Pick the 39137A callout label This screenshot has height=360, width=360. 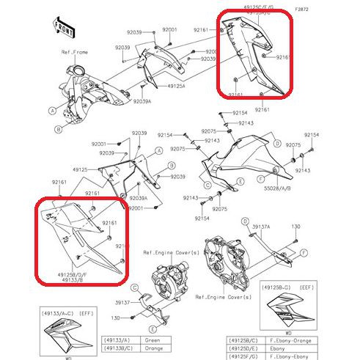(x=262, y=227)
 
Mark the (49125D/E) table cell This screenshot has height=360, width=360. (x=241, y=348)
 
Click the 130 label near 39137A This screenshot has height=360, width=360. (x=297, y=227)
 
